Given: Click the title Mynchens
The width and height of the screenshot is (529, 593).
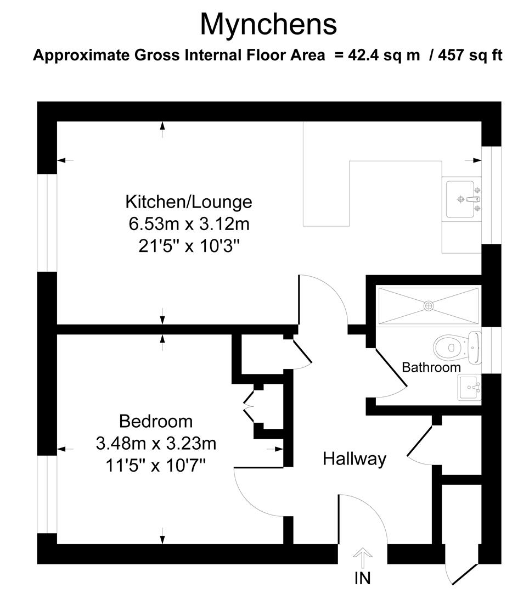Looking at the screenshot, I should coord(268,24).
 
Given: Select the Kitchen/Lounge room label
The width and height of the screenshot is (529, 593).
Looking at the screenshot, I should coord(189,202).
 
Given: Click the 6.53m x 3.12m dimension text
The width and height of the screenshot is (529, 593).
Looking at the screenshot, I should coord(189,224).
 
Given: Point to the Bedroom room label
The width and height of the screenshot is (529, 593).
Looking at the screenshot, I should coord(156,421).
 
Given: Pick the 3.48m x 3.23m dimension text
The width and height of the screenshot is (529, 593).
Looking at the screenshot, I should coord(156,443).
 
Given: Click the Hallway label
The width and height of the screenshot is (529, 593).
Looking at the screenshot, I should coord(354,458).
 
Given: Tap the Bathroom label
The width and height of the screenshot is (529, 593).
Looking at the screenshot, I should coord(431,367).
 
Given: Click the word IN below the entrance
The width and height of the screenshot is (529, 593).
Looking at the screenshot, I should coord(362,578).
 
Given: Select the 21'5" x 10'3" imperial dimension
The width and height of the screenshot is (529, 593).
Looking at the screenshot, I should coord(189,247).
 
